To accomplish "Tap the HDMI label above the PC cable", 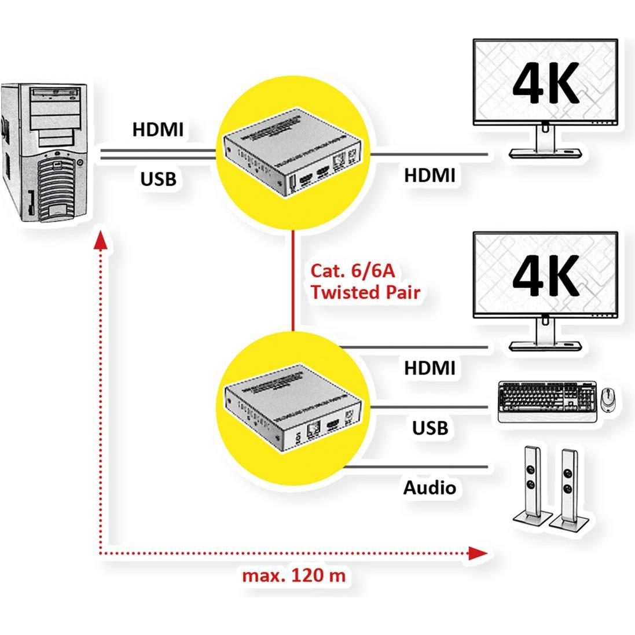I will pos(157,129).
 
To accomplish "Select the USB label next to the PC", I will pos(158,178).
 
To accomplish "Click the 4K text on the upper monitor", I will pos(545,84).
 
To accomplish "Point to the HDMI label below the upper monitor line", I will pos(430,174).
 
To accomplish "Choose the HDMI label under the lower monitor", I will pos(430,368).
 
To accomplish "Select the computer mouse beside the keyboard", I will pos(607,397).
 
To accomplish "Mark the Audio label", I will pos(430,487).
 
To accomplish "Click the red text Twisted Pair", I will pos(365,292).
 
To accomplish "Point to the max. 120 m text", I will pos(293,575).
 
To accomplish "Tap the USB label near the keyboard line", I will pos(430,428).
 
